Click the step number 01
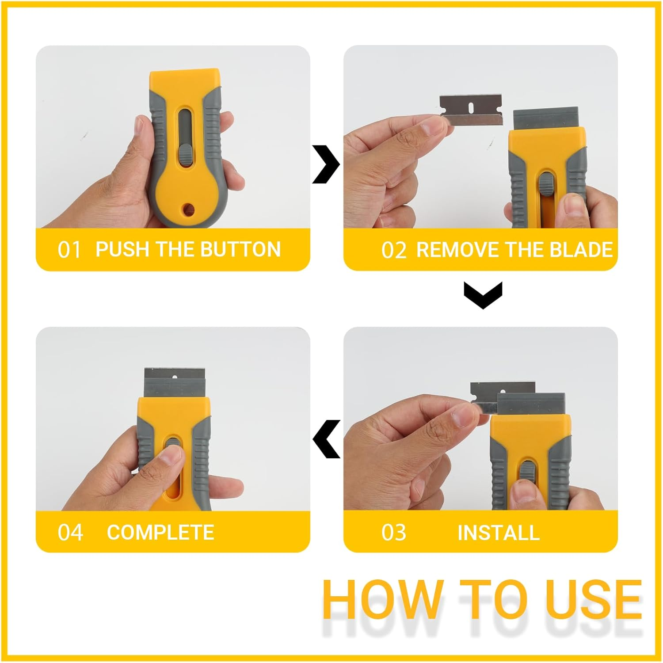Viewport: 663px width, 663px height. pos(69,250)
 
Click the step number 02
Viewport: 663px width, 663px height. pos(393,250)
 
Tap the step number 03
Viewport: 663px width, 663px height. pos(393,533)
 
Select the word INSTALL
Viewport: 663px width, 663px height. pos(498,533)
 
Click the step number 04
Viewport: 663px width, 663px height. pos(70,533)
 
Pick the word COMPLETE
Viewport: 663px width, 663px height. pos(160,533)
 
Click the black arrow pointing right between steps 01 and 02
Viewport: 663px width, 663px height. pos(326,164)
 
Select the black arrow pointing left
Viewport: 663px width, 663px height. pos(327,439)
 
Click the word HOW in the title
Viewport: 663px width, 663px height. pos(382,600)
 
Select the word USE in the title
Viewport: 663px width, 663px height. pos(594,600)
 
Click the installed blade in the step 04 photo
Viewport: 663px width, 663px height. pos(175,383)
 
